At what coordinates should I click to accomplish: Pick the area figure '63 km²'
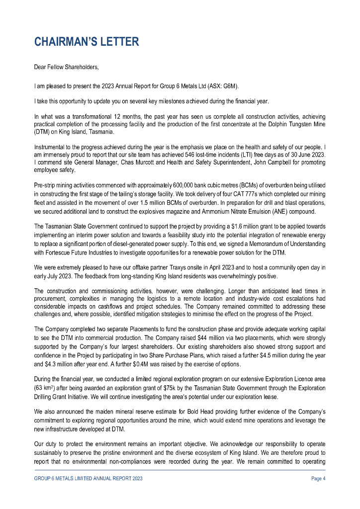pyautogui.click(x=43, y=388)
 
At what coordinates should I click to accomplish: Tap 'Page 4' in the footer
pyautogui.click(x=318, y=479)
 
